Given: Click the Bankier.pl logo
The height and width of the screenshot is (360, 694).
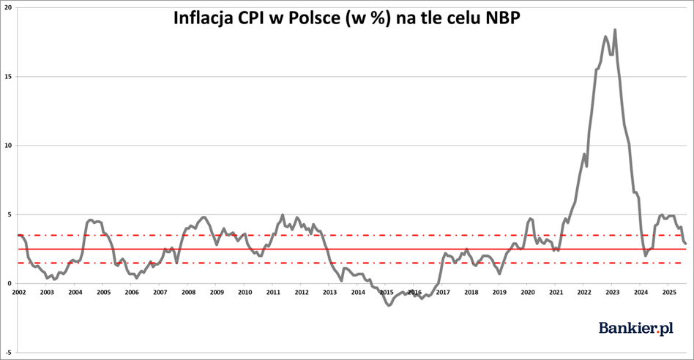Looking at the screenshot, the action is coord(636,328).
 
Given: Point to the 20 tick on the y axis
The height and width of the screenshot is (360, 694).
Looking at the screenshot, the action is coord(8,7).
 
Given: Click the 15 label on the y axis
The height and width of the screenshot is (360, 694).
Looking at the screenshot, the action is coord(8,77).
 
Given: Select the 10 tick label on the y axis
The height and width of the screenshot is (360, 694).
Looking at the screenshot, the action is coord(8,146).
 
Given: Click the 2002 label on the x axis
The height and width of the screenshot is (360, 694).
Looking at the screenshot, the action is coord(18,292).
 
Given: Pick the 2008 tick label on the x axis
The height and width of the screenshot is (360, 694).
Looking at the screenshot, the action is coord(188,292).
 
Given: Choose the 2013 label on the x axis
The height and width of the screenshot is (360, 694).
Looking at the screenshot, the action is coord(329,292).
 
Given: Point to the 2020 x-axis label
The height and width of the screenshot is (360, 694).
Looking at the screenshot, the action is coord(528,292).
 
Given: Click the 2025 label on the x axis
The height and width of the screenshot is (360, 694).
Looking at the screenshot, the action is coord(669,292).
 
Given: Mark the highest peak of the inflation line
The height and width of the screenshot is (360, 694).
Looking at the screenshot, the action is coord(615,30).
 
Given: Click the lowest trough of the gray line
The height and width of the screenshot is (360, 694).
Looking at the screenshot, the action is coord(389,306).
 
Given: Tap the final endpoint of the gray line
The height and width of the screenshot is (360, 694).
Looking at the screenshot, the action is coord(686,244).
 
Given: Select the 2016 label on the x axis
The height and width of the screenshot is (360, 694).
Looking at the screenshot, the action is coord(415,292).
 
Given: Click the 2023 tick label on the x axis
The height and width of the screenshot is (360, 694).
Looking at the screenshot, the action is coord(613,292).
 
